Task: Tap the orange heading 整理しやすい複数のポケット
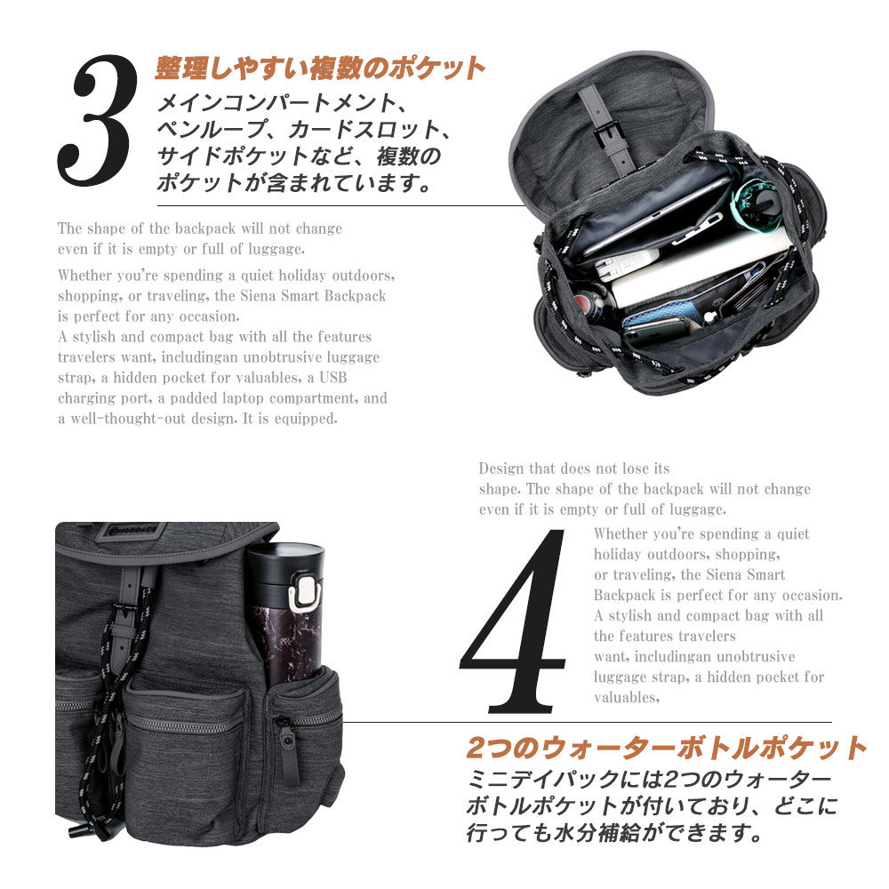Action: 320,69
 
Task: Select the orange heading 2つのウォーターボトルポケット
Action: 666,748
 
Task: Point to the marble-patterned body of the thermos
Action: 286,644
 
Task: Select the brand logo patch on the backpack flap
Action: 131,533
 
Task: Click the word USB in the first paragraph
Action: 332,378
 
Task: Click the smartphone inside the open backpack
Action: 661,332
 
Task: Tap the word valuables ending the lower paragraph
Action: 625,698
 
